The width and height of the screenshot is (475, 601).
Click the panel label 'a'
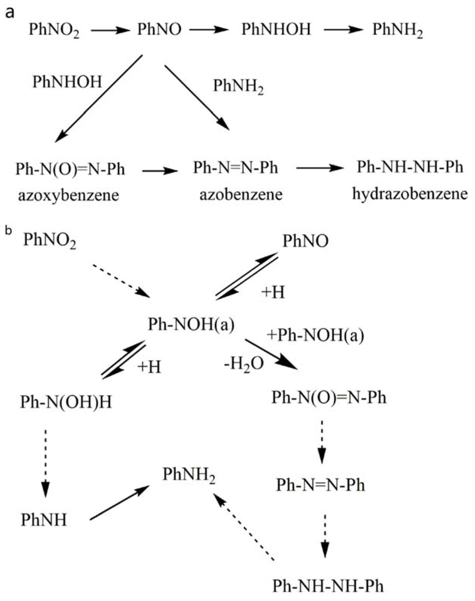point(10,13)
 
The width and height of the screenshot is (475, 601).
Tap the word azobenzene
point(241,195)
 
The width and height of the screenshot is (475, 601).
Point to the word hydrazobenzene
point(410,194)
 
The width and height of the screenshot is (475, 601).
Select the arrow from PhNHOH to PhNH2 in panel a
point(342,30)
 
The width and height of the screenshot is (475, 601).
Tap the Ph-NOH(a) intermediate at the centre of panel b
point(191,325)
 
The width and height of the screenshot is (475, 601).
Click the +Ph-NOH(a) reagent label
point(315,336)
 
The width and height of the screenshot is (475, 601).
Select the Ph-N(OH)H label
point(66,402)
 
